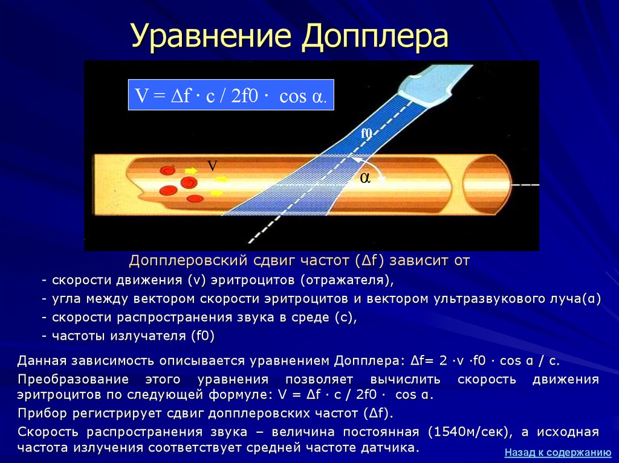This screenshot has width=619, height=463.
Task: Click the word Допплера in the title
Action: pos(375,37)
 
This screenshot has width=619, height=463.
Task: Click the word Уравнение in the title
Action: pos(211,37)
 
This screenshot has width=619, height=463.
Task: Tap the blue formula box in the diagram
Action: pos(231,95)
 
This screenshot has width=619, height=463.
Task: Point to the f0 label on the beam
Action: pos(366,133)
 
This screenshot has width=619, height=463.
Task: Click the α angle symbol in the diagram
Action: pos(365,178)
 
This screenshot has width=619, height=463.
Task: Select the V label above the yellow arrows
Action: pos(212,166)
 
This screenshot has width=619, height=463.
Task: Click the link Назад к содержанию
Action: pos(557,452)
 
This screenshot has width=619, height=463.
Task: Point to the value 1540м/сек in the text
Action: pos(468,432)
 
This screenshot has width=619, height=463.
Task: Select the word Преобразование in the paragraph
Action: pos(73,379)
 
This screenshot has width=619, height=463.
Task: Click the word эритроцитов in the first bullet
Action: pos(253,281)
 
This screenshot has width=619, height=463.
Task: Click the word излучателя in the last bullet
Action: pos(147,336)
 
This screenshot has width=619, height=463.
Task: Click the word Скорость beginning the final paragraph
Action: pos(48,432)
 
